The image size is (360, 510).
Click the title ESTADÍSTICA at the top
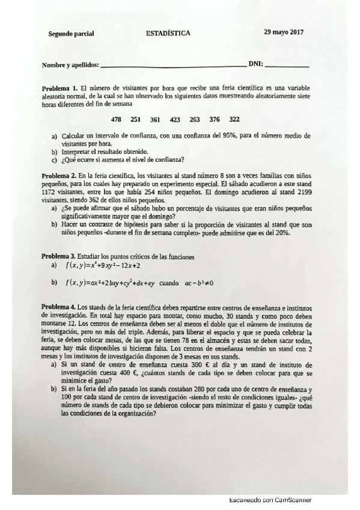coord(168,34)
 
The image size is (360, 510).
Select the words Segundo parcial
coord(71,34)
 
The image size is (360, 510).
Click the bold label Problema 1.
coord(59,88)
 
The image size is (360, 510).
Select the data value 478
coord(126,119)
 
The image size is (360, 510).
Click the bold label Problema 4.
coord(59,307)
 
